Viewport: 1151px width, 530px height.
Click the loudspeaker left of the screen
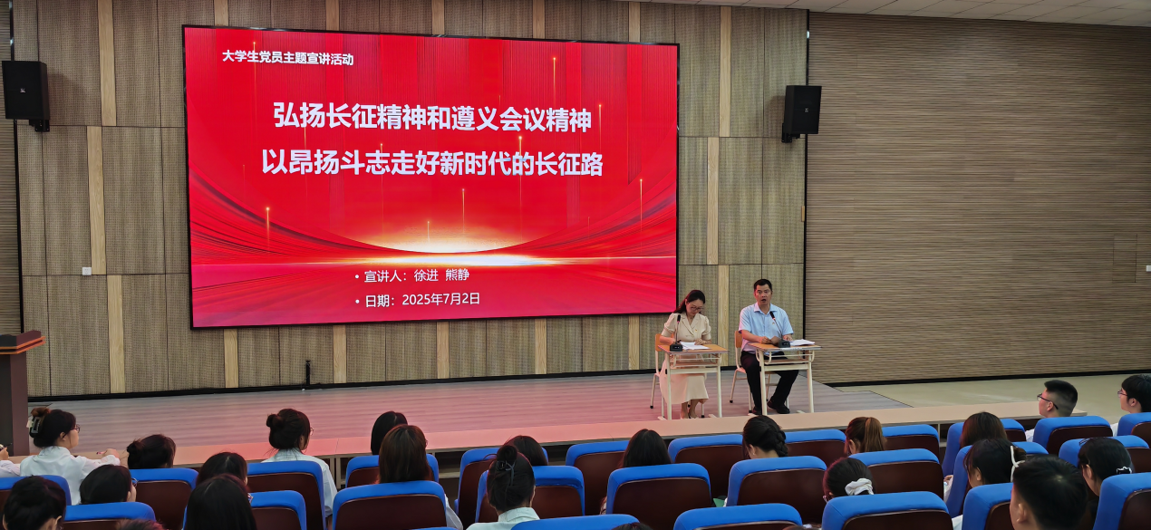25,91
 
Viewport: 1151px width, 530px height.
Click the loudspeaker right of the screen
801,111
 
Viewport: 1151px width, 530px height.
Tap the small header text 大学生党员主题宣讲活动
287,58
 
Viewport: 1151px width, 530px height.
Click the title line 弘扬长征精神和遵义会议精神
432,116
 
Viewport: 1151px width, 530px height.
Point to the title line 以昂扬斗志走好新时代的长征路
432,163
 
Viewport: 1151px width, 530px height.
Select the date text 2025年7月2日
440,299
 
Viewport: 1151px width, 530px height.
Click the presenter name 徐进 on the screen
426,275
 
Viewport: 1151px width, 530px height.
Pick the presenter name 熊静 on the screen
458,275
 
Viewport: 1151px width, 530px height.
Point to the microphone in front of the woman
676,332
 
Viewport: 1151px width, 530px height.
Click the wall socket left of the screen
86,270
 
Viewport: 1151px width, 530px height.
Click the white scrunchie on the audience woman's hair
857,487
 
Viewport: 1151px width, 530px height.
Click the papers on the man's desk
799,342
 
